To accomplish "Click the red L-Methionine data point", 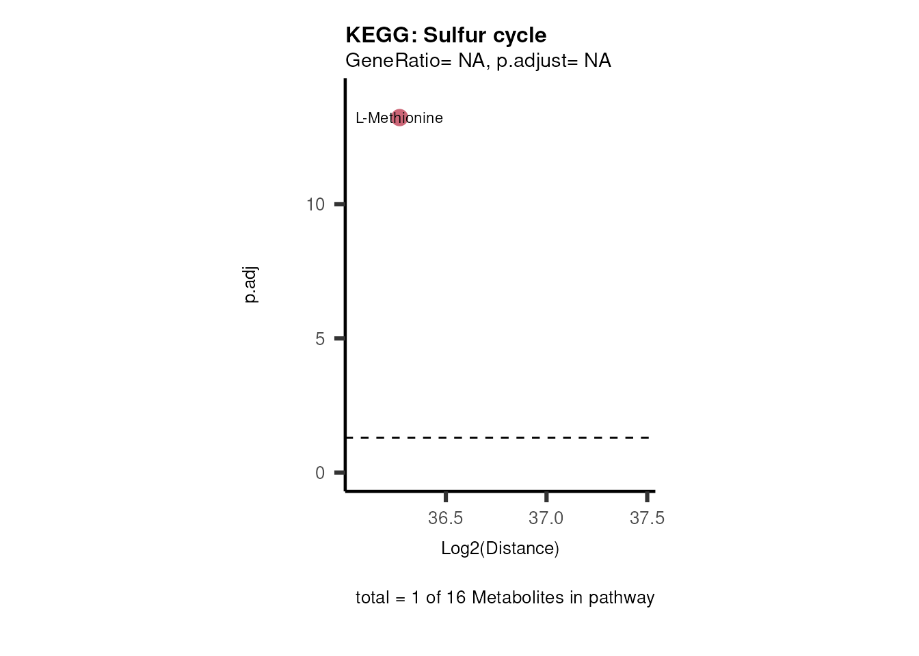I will (399, 118).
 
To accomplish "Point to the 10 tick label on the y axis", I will (315, 204).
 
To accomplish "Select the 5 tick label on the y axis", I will (320, 339).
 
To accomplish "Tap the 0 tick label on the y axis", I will (320, 473).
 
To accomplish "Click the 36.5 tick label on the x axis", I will (445, 519).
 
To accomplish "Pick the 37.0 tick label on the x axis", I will (546, 519).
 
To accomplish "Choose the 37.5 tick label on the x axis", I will (647, 519).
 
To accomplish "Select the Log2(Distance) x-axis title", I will (500, 549).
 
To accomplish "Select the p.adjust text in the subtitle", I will (530, 61).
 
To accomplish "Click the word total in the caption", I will (371, 598).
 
